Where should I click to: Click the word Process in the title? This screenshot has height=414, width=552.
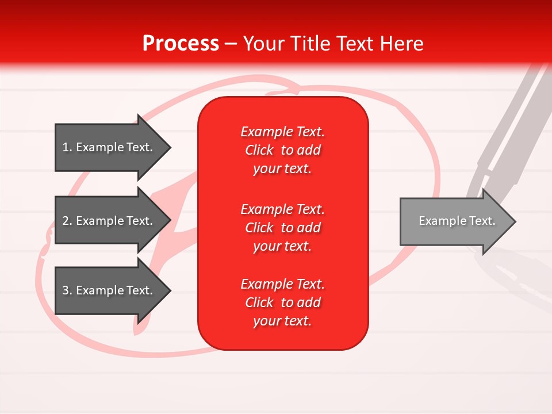[181, 44]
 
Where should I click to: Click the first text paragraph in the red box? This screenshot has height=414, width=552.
[282, 150]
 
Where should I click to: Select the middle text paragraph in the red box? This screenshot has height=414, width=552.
[282, 228]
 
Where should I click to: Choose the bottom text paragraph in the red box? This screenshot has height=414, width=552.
[282, 302]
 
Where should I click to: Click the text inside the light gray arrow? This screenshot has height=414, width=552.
[457, 221]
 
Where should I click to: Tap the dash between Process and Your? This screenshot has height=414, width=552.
[231, 44]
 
